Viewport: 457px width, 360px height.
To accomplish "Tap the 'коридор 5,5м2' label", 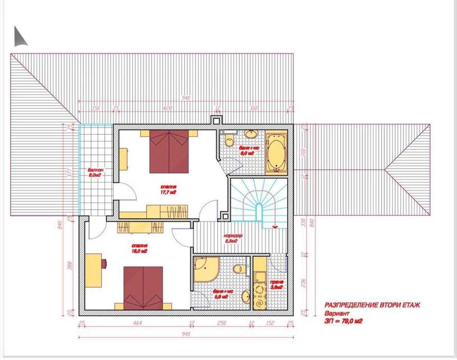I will pos(233,238).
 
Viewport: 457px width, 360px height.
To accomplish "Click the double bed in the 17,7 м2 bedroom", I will pos(169,150).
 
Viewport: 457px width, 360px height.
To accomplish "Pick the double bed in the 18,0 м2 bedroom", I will pos(144,287).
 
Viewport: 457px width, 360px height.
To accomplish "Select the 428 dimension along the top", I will pos(167,109).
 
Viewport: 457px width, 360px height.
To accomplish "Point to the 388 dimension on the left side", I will pos(71,265).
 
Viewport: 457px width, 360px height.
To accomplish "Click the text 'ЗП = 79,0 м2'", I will pos(345,320).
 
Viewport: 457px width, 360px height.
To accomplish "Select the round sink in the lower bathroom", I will pos(246,296).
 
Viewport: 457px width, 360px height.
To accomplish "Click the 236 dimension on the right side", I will pos(303,282).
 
